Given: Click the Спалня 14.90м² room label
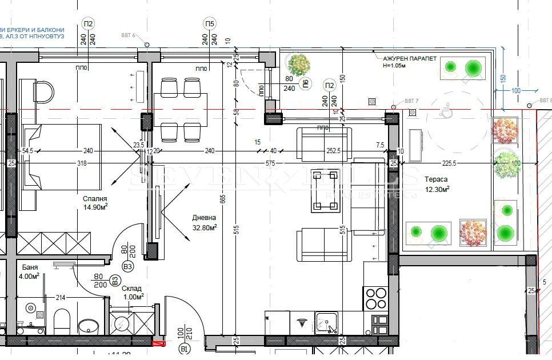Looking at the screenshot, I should point(94,203).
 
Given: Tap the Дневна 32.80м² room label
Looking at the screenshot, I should point(204,222).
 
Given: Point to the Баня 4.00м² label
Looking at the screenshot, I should point(30,271).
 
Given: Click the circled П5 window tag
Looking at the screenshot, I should point(209,23).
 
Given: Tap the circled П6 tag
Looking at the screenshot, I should point(306,84).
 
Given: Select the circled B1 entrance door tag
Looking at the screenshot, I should point(184,348).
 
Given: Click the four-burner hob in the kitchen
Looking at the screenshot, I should point(375,298).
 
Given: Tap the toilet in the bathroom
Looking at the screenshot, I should point(61,321).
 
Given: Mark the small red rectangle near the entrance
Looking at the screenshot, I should point(158,343).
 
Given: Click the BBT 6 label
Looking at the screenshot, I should point(129,35).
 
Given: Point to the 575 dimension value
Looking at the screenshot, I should point(270,163).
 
